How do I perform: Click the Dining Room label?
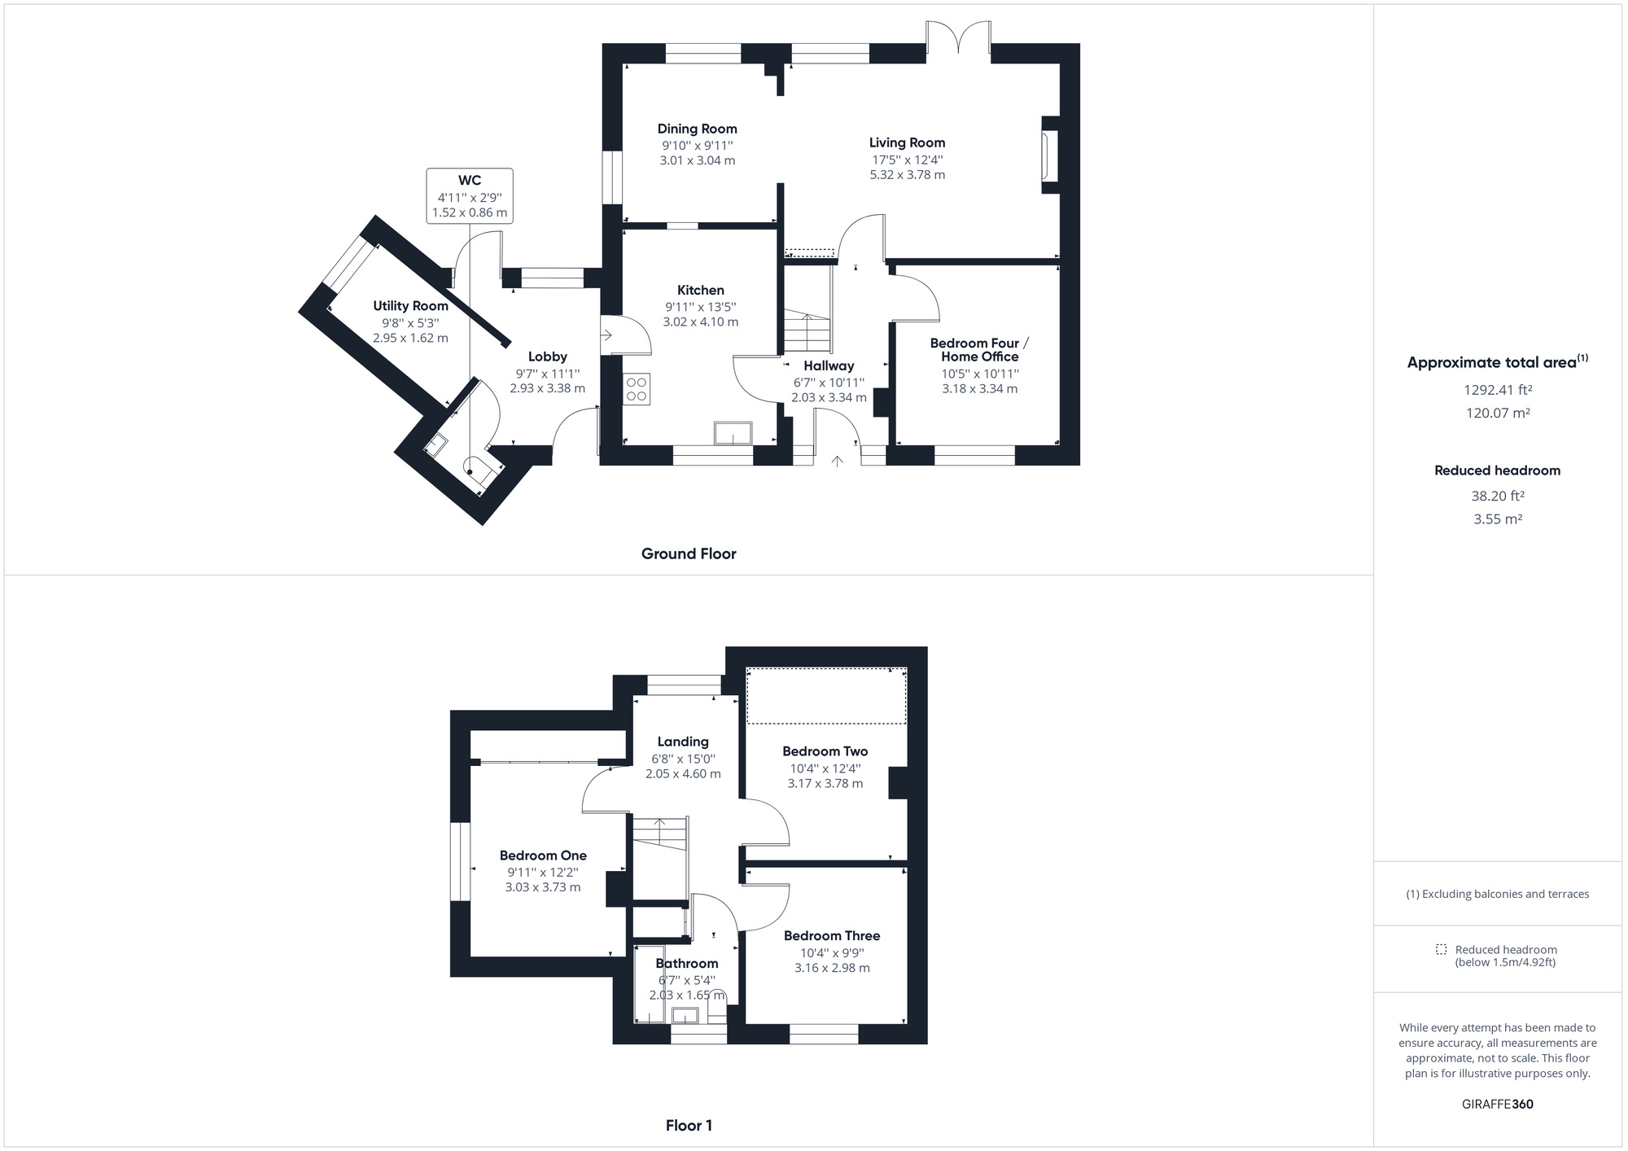click(x=697, y=129)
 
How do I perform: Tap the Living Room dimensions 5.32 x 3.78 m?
click(x=907, y=175)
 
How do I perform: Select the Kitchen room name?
click(x=700, y=290)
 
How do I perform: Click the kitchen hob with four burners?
click(x=637, y=388)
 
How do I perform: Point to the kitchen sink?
click(x=733, y=432)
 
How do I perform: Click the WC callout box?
click(x=470, y=196)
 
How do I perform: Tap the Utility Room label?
click(x=410, y=306)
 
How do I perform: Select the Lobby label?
click(x=547, y=357)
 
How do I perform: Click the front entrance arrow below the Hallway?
click(x=837, y=462)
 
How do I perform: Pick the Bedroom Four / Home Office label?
click(x=979, y=350)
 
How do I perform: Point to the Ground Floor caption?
click(x=689, y=554)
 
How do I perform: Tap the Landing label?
click(x=682, y=742)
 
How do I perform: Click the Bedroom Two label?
click(x=825, y=751)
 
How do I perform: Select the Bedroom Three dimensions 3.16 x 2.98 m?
click(x=832, y=968)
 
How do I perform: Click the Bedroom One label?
click(x=543, y=856)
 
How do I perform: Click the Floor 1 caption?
click(x=689, y=1126)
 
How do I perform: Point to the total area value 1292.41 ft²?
click(x=1498, y=390)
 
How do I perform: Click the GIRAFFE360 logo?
click(x=1498, y=1105)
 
